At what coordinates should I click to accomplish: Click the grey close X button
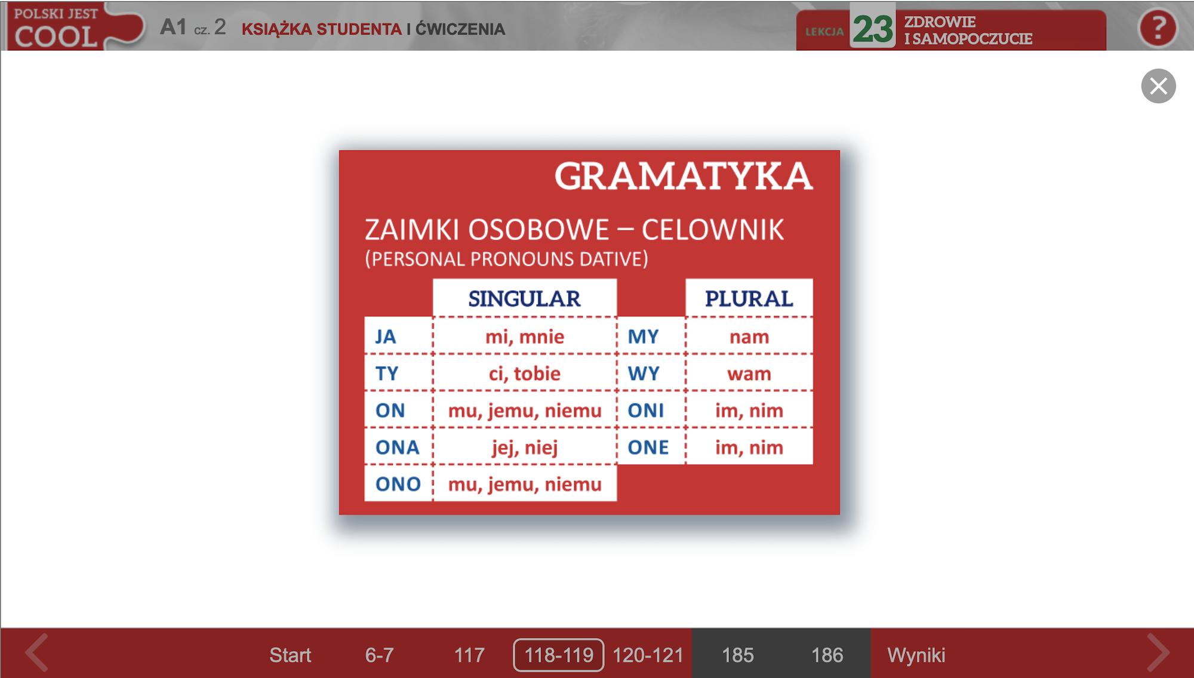[1158, 87]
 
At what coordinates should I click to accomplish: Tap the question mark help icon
[1158, 28]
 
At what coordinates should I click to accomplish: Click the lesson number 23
[873, 28]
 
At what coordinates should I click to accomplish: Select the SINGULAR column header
[524, 298]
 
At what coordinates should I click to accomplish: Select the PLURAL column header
[749, 298]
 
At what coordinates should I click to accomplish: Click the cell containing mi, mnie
[524, 336]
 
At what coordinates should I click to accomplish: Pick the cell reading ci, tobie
[524, 373]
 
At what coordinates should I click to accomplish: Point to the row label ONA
[398, 447]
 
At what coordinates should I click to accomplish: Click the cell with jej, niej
[524, 447]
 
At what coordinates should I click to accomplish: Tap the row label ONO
[398, 483]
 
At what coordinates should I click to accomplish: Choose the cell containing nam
[749, 336]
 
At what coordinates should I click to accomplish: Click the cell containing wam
[749, 373]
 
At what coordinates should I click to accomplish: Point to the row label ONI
[646, 410]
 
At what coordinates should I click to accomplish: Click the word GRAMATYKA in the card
[684, 176]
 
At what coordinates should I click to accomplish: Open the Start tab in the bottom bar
[290, 655]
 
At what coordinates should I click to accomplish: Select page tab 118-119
[559, 655]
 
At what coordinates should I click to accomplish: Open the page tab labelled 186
[827, 655]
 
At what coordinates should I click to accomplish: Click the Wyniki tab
[916, 655]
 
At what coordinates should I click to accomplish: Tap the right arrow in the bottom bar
[1158, 653]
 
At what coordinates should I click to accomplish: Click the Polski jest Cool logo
[75, 27]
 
